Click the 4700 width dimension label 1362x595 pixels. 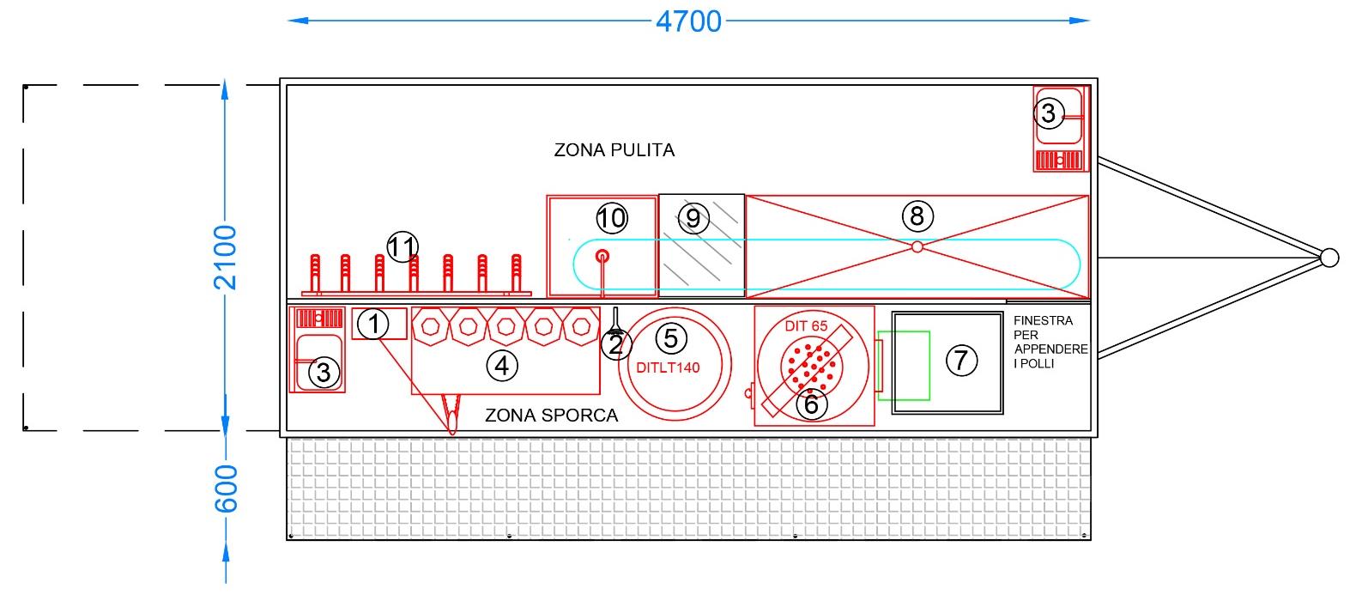point(688,21)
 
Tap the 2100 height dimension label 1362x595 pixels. point(225,257)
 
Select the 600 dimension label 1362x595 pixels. point(225,489)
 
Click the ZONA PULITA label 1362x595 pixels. point(614,150)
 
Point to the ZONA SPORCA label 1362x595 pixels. point(552,416)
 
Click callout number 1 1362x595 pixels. point(373,325)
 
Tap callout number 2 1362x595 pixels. point(615,345)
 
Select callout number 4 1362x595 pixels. point(502,367)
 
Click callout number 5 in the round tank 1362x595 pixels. point(671,337)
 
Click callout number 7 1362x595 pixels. point(961,361)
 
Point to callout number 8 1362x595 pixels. point(917,216)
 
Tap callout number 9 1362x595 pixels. point(693,219)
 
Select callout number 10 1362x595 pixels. point(612,217)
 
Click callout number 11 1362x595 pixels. point(402,247)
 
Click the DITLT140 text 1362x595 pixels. point(669,367)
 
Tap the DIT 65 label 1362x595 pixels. point(806,326)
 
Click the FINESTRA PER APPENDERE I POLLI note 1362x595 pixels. point(1050,342)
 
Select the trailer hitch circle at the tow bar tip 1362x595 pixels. point(1329,257)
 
